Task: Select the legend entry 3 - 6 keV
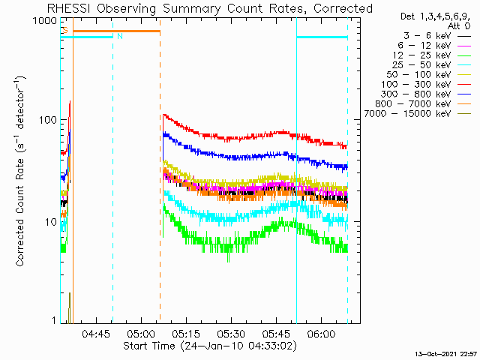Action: pos(435,35)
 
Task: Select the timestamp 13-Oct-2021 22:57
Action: pos(446,353)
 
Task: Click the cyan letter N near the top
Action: pos(118,36)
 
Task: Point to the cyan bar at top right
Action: pos(322,37)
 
